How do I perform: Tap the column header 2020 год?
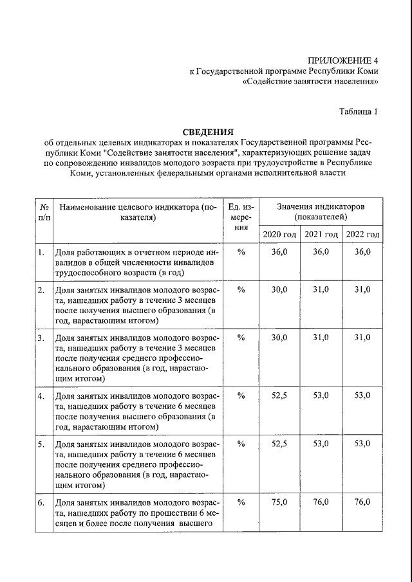(x=279, y=233)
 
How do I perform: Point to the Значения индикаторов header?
(x=321, y=212)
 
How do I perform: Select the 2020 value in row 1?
(x=279, y=252)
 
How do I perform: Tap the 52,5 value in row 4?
(x=279, y=396)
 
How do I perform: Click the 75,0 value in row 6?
(x=279, y=502)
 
